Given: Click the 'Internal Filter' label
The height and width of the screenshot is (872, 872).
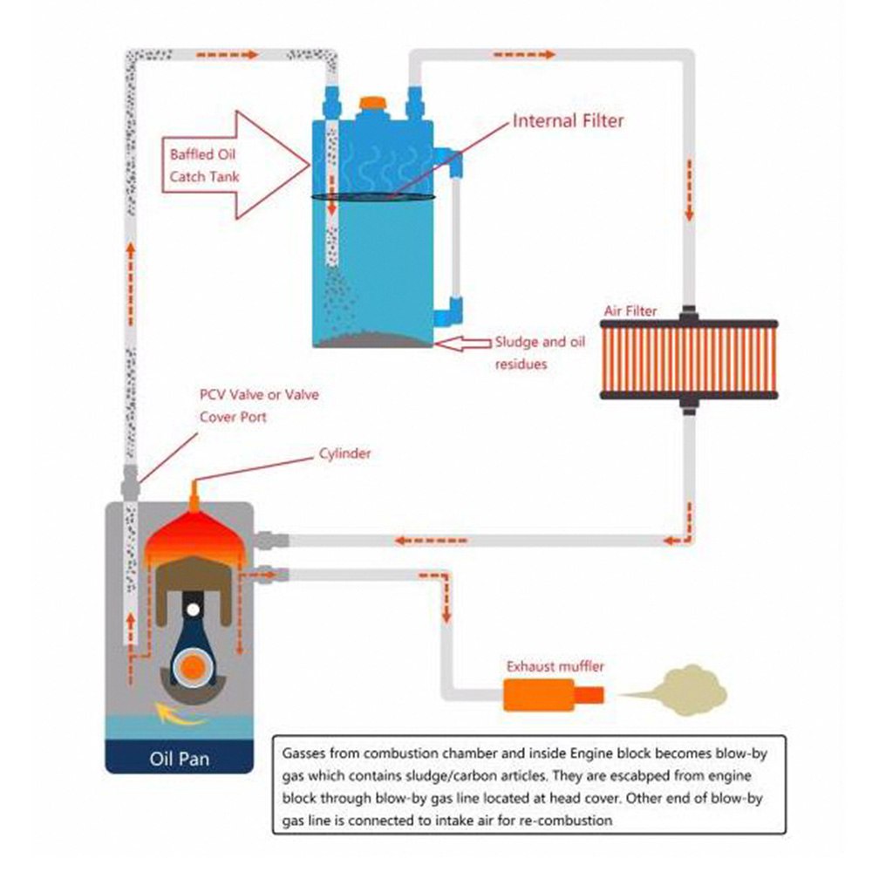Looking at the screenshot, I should (568, 121).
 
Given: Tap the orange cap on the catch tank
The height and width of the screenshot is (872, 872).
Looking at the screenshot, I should (373, 103).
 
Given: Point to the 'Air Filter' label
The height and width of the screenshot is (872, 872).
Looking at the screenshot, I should (630, 310).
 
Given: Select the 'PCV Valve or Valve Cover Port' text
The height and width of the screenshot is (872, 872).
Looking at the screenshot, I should (259, 405).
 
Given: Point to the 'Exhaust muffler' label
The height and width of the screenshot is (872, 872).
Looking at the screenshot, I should (555, 667).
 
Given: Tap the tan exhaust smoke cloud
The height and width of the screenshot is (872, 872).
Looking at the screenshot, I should (689, 689).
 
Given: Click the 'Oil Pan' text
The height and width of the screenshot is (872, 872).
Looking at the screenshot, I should (179, 758).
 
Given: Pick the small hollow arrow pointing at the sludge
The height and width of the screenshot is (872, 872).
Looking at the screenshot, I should (461, 344).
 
